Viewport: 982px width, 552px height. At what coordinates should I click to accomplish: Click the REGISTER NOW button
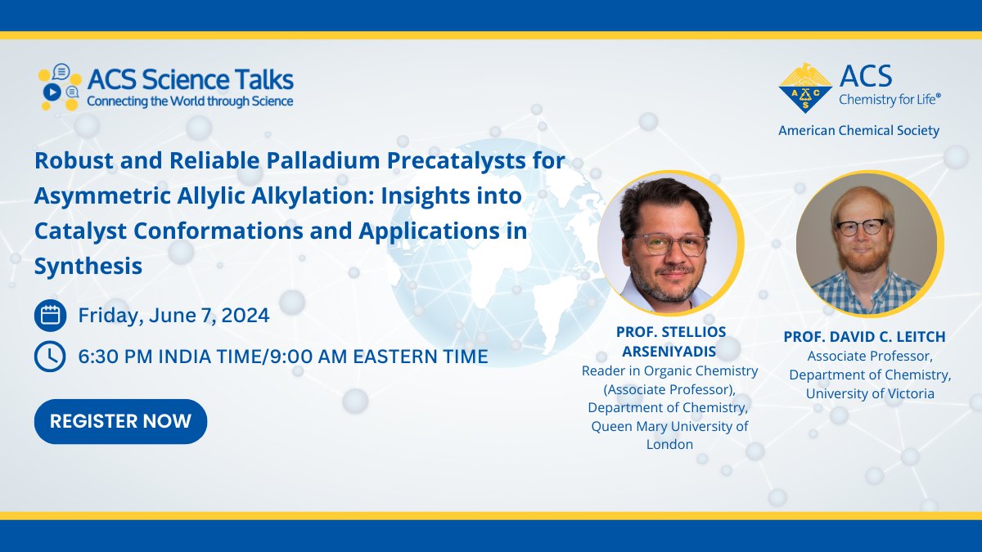[x=120, y=421]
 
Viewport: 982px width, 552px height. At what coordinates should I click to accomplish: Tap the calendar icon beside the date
[x=50, y=315]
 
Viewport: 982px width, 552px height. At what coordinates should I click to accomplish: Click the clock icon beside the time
[x=50, y=356]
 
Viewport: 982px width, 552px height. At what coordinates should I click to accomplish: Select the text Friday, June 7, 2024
[x=173, y=315]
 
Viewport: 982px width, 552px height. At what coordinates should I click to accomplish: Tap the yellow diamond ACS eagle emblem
[x=805, y=88]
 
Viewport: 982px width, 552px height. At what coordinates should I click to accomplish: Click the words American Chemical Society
[x=858, y=131]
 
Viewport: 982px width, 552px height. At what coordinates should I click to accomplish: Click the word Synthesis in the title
[x=88, y=266]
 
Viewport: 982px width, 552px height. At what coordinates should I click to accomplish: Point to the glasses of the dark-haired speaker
[x=666, y=244]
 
